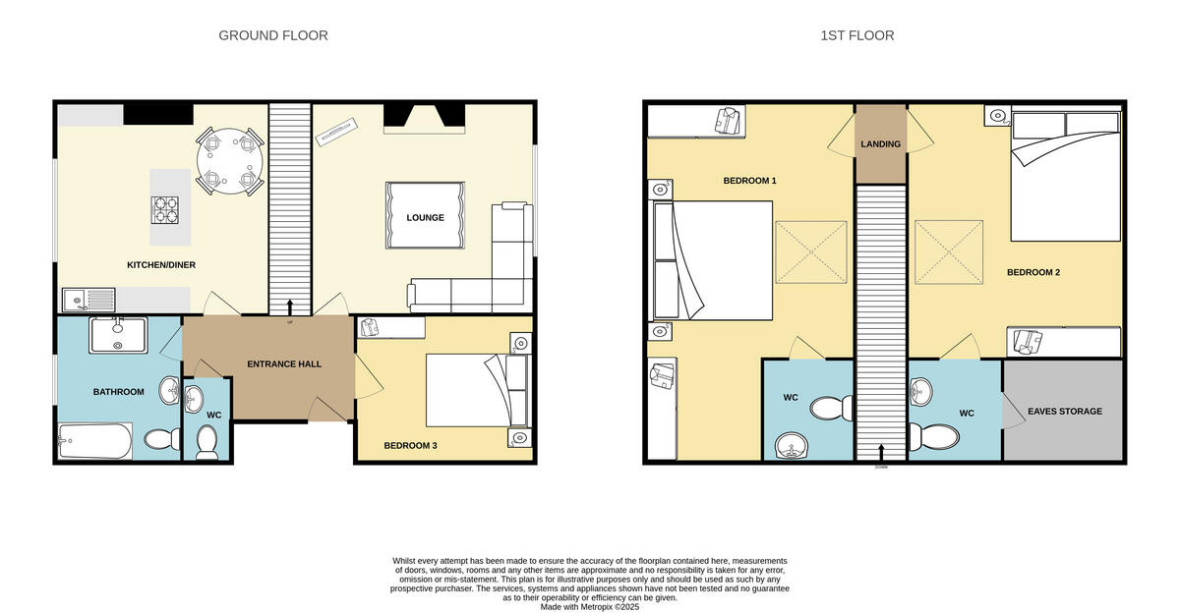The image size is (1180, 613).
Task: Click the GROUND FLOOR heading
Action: pos(272,35)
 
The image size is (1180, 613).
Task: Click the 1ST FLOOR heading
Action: pos(856,35)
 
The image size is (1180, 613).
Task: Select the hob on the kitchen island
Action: pos(165,210)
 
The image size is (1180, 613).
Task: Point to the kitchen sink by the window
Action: pos(88,298)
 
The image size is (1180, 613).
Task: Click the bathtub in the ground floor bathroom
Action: pos(94,441)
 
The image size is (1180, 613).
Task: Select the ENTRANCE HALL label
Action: pos(284,364)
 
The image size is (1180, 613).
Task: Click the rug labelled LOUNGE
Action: pos(426,217)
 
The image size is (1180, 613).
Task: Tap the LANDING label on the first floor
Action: pos(880,144)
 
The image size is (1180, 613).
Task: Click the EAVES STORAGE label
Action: pos(1064,411)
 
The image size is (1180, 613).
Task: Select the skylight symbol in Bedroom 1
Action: pos(811,251)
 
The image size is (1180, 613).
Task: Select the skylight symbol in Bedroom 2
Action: pos(950,251)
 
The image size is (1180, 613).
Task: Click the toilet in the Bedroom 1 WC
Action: pos(836,407)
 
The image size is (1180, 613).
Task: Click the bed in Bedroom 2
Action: pos(1066,177)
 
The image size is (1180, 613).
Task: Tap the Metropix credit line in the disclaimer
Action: pos(590,607)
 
